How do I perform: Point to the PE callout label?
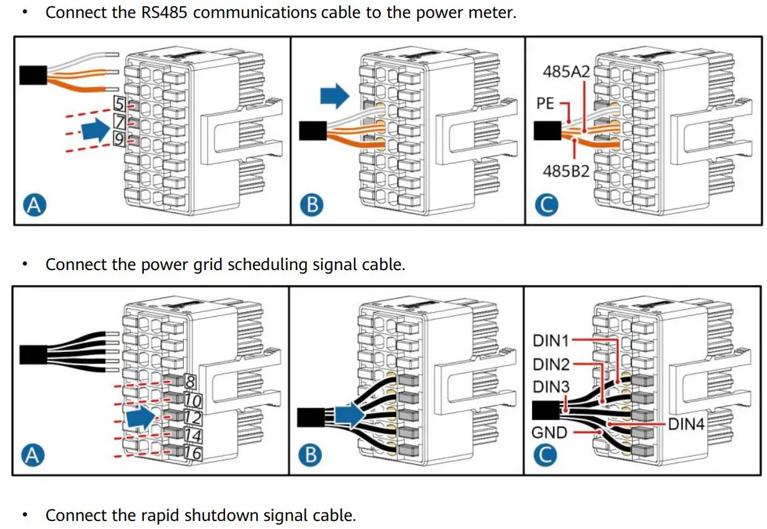point(545,103)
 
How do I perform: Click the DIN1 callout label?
point(551,339)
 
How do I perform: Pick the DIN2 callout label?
point(551,363)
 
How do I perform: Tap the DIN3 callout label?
point(551,387)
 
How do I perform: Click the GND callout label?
point(549,432)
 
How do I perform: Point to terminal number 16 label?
point(193,453)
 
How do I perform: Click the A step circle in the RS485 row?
point(35,205)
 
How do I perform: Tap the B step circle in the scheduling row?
point(311,455)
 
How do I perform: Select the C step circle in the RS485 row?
point(546,205)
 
